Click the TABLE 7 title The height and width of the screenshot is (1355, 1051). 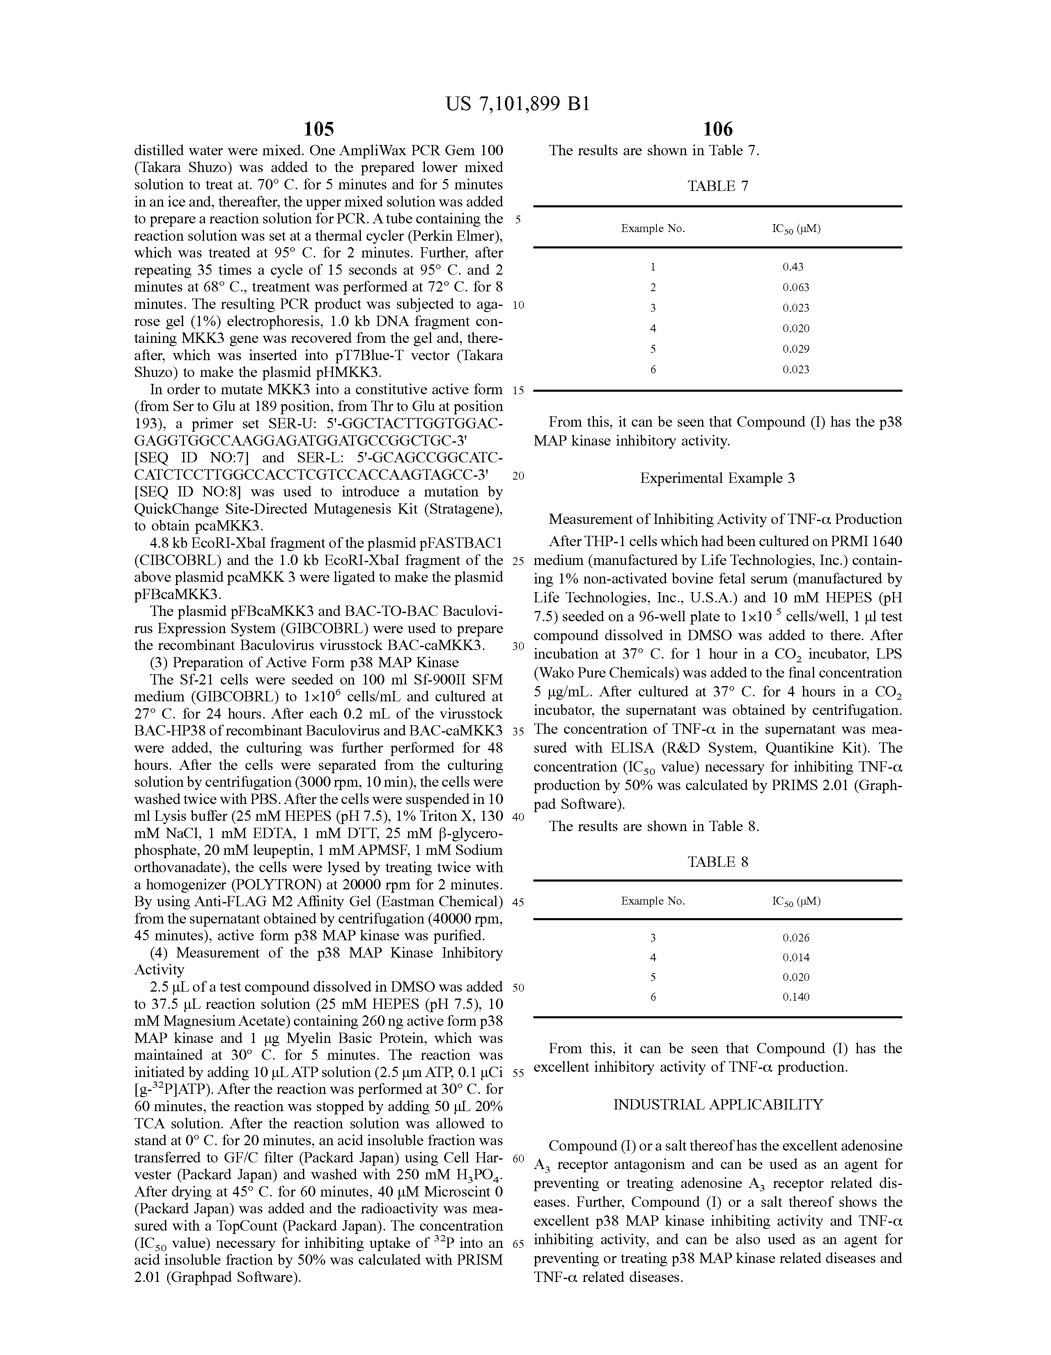tap(718, 186)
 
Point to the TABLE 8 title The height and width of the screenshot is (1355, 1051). tap(718, 862)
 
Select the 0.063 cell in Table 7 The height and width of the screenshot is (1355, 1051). tap(795, 287)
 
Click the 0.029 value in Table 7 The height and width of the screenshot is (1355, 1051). tap(795, 349)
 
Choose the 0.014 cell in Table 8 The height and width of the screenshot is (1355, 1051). tap(795, 957)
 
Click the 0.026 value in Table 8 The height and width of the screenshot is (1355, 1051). tap(795, 938)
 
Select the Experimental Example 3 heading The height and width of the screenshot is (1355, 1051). tap(718, 478)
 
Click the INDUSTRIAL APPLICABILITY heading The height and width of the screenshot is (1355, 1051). tap(718, 1105)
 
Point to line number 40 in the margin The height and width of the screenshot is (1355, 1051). tap(519, 816)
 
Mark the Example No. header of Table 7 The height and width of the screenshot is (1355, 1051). tap(653, 229)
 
